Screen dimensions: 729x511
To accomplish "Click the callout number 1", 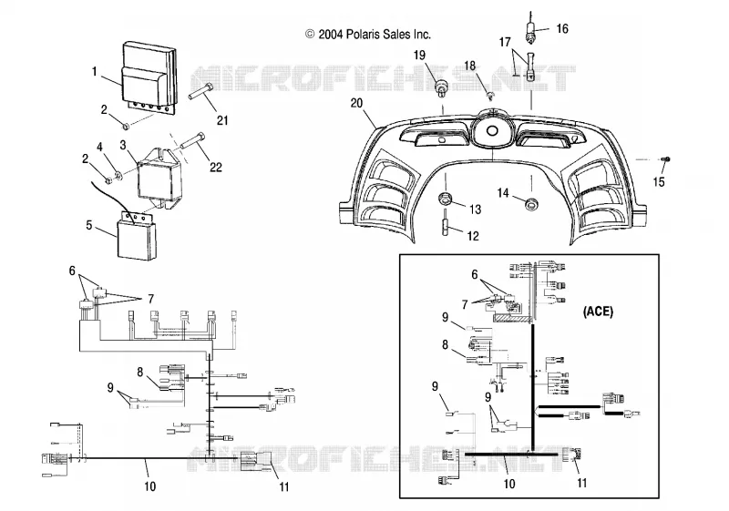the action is [95, 72].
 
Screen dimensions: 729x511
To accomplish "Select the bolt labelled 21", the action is [200, 91].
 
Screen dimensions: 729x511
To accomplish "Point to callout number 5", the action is [88, 225].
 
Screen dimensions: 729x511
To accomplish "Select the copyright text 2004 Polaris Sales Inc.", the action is [368, 35].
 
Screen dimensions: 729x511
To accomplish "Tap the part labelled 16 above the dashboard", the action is [531, 27].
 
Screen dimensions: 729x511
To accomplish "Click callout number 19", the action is [419, 56].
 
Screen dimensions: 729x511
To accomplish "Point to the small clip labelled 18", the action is [490, 96].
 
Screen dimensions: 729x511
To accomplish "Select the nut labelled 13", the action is [445, 199].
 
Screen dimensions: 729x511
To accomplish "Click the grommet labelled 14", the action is [530, 203].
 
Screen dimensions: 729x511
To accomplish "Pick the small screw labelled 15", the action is [665, 159].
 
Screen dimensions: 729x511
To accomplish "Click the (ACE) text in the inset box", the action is [598, 312].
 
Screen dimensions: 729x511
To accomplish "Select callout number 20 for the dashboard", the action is [356, 103].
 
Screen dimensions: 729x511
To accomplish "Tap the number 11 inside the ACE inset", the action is [581, 483].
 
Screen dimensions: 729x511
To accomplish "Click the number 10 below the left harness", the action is [149, 486].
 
